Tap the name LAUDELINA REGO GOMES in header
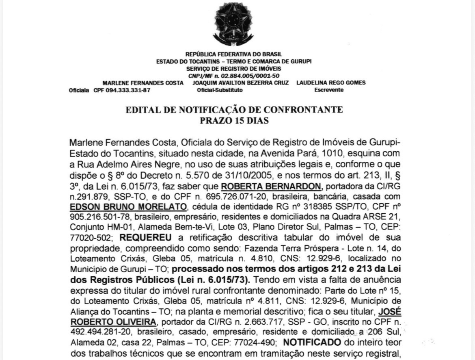click(331, 82)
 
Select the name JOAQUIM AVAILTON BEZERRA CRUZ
click(241, 82)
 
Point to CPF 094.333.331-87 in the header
click(122, 90)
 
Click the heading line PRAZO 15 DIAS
click(234, 120)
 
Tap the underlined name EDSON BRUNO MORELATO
click(128, 207)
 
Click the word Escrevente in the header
click(329, 90)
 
